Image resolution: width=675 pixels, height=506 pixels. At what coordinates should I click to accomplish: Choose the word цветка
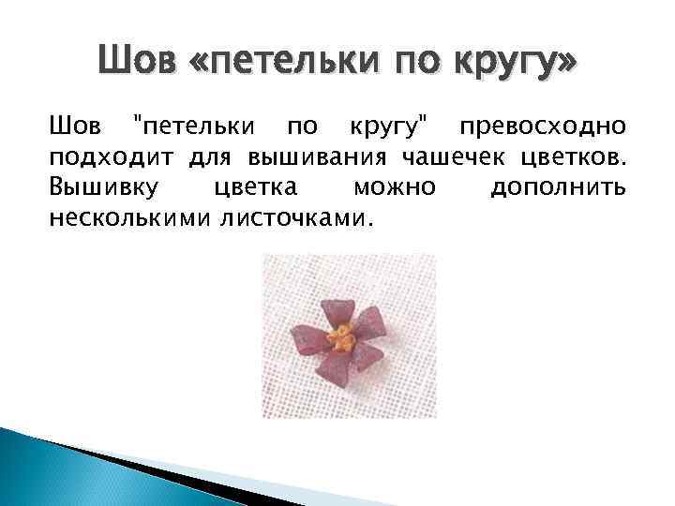click(x=256, y=188)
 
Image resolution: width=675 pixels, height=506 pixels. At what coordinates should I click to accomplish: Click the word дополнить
click(x=558, y=188)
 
